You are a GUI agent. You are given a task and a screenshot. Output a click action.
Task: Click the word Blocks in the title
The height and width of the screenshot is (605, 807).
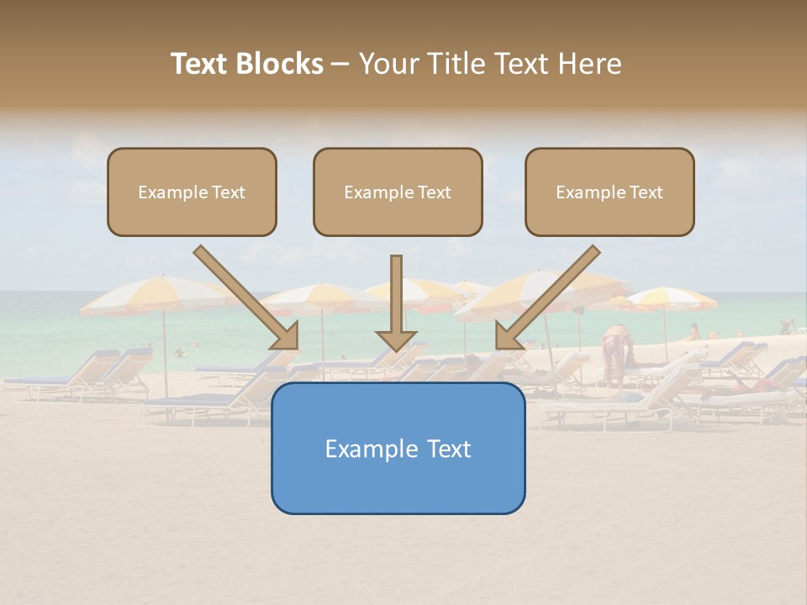[x=282, y=64]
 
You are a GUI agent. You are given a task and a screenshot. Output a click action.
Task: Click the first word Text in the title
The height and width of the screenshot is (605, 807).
[x=201, y=64]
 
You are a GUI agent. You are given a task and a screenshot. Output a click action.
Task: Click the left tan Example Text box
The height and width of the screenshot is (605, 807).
[x=192, y=192]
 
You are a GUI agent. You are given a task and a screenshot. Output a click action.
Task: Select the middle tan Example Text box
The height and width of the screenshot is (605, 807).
[x=398, y=192]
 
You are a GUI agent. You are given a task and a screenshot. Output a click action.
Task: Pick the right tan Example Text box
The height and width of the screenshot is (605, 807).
[x=609, y=192]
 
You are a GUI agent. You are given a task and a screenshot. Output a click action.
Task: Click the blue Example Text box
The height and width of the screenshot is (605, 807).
[x=398, y=448]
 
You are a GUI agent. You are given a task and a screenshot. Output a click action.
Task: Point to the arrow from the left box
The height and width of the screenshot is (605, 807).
[x=244, y=294]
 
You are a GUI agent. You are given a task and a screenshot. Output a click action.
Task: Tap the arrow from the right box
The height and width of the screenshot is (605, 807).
[x=551, y=294]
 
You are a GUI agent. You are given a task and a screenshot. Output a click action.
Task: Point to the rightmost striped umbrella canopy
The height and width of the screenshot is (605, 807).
[x=672, y=298]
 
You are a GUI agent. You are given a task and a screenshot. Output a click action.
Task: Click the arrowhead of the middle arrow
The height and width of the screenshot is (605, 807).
[x=396, y=339]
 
